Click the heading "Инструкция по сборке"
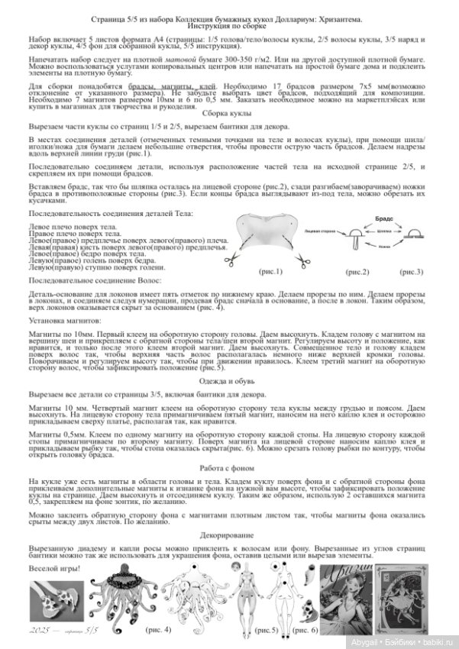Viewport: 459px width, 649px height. point(229,25)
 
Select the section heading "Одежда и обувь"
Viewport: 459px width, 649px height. point(229,380)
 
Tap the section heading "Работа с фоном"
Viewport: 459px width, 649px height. point(229,470)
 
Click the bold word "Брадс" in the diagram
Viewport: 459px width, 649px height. point(383,218)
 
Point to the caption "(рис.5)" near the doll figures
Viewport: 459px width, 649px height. point(267,631)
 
